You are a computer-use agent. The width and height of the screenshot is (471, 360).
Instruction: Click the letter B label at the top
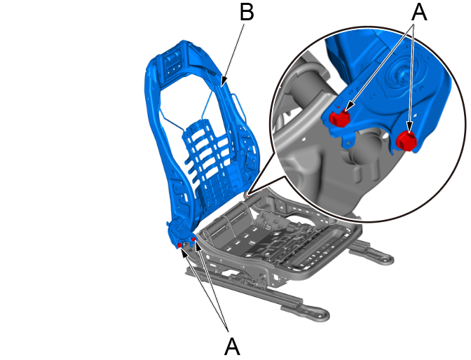(247, 12)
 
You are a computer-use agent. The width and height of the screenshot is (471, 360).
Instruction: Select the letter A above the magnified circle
(419, 12)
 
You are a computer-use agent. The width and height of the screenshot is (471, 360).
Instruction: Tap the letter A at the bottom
(232, 346)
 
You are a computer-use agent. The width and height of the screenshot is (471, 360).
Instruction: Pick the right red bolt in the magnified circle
(407, 141)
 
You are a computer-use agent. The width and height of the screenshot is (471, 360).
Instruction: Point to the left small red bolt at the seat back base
(179, 246)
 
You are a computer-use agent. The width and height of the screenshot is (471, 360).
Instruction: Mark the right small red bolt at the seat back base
(193, 239)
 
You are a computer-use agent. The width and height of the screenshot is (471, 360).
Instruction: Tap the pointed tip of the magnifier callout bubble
(248, 194)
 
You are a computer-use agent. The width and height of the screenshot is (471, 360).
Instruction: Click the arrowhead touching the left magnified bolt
(348, 109)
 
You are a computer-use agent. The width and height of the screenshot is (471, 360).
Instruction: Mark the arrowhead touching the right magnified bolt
(409, 127)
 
